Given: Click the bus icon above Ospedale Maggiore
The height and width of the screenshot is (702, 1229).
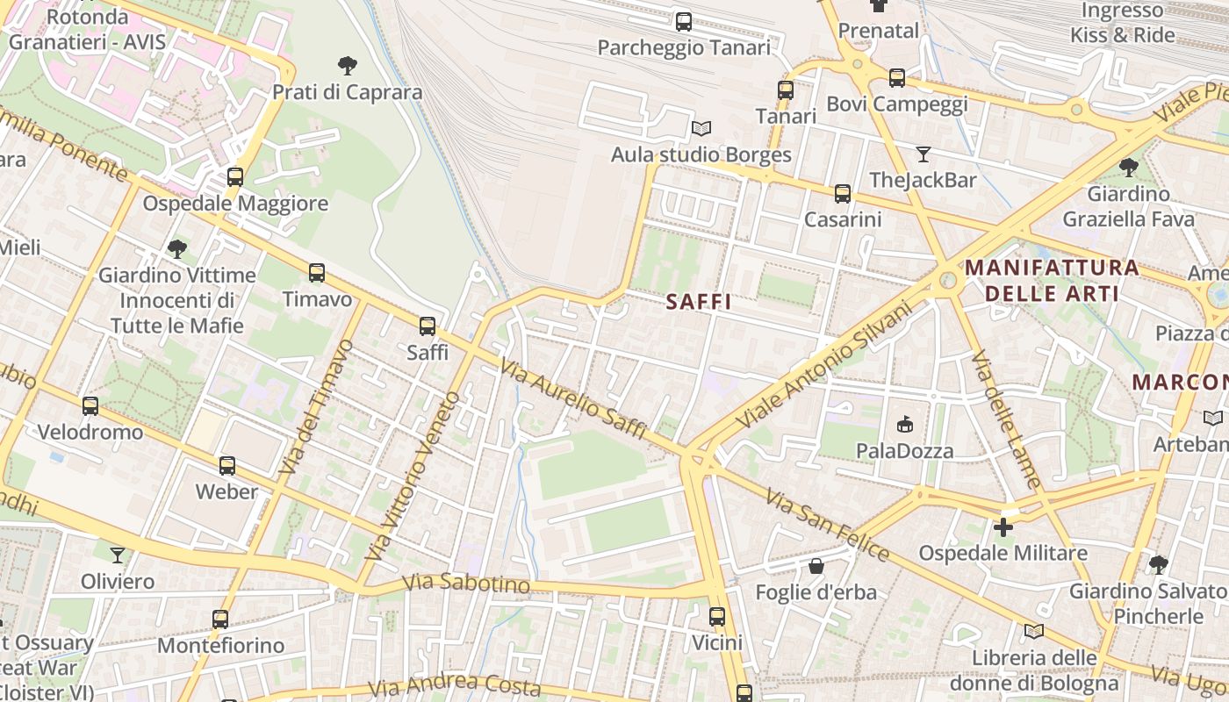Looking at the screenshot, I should (x=235, y=176).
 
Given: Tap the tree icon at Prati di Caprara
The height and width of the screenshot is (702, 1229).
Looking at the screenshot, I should (x=348, y=65).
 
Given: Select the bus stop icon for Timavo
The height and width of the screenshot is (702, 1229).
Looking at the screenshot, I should (x=317, y=273).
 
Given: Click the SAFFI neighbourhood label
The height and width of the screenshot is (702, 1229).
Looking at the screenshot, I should (x=698, y=302).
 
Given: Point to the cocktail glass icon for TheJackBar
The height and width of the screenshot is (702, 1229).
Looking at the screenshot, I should (x=923, y=154).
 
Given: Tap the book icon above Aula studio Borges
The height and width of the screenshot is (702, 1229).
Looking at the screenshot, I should (x=701, y=129).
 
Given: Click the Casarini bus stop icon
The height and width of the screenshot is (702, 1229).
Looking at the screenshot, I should (x=843, y=194).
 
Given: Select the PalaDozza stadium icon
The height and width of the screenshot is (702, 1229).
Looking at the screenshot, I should (x=904, y=425).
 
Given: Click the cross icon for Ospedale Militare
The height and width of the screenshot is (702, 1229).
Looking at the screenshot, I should (x=1003, y=527).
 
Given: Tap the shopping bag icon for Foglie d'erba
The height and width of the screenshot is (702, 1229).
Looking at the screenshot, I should (x=816, y=566).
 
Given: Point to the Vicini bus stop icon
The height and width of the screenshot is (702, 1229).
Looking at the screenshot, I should (x=717, y=617).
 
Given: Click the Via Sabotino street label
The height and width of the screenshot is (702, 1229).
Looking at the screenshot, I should (x=466, y=584).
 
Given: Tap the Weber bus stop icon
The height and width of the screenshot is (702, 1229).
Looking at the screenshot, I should (x=226, y=465).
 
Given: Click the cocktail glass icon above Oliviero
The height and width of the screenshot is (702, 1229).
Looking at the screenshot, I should (x=118, y=555).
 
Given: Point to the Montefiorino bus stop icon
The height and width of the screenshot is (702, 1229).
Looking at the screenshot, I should (x=220, y=620).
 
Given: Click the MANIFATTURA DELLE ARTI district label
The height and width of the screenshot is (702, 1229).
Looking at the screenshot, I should (x=1052, y=281).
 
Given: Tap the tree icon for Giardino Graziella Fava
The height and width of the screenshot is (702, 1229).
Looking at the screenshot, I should (x=1129, y=167).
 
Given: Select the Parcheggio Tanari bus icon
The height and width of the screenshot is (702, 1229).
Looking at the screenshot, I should (x=683, y=22).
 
